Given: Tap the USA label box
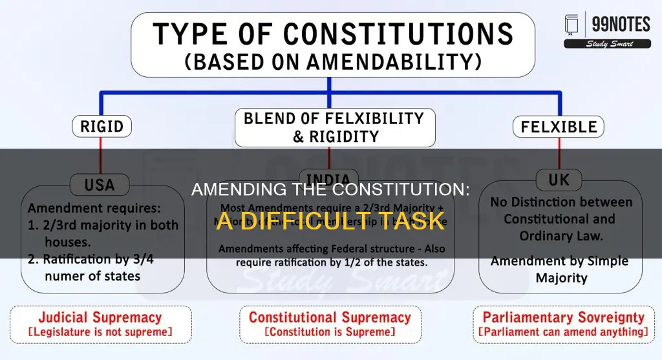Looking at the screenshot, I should point(100,185).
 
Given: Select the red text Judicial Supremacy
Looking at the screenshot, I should point(100,317).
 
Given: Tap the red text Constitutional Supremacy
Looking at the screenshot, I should point(330,317).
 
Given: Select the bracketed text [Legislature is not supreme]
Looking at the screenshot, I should point(100,332).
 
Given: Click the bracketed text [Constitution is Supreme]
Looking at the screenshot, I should point(330,332).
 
